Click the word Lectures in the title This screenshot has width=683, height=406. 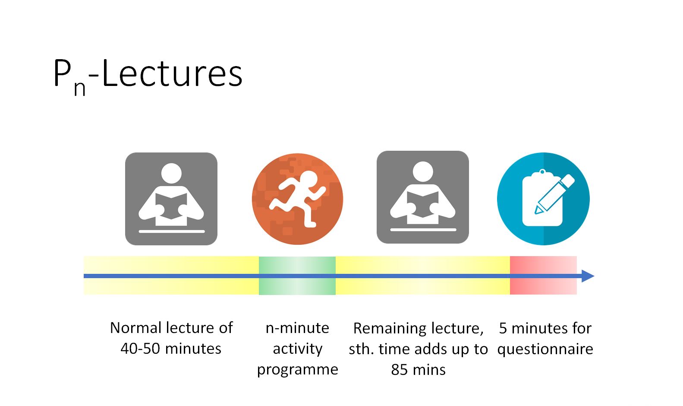[x=172, y=73]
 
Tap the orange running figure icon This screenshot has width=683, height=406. [x=298, y=199]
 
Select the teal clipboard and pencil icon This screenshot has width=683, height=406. [x=543, y=199]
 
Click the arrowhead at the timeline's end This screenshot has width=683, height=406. [x=588, y=276]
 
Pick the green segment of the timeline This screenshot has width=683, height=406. [x=297, y=276]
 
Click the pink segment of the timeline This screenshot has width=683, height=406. [x=543, y=276]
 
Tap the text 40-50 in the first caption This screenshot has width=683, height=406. [x=140, y=349]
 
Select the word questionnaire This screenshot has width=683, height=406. [x=545, y=349]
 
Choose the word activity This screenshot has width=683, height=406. [x=298, y=349]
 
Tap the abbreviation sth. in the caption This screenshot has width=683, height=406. [x=361, y=349]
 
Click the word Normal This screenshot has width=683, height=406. [x=136, y=328]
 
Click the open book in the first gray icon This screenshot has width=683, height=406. [x=171, y=206]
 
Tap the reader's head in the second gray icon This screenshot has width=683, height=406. [x=422, y=171]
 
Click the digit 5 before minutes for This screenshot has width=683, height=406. [x=503, y=328]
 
